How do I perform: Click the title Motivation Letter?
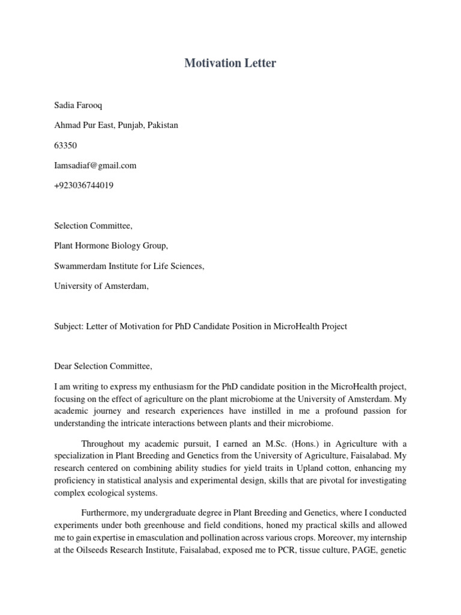pyautogui.click(x=230, y=63)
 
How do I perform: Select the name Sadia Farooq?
pyautogui.click(x=78, y=106)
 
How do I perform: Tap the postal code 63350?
pyautogui.click(x=65, y=145)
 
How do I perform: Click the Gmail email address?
pyautogui.click(x=95, y=165)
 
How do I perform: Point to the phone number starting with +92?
pyautogui.click(x=83, y=186)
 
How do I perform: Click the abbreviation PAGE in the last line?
pyautogui.click(x=367, y=550)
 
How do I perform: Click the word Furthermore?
pyautogui.click(x=105, y=512)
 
